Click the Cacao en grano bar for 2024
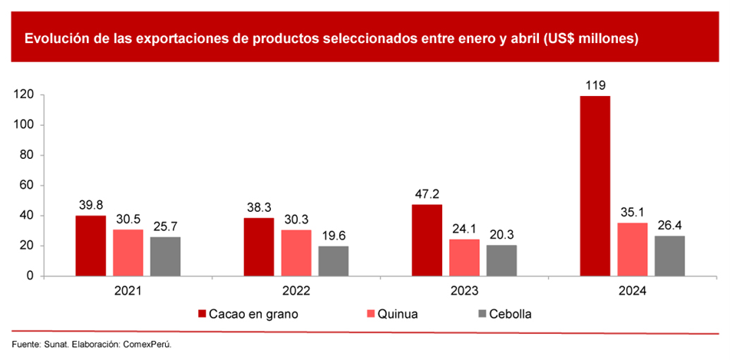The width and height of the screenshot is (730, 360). (595, 186)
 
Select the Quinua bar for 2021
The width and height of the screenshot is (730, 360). (128, 253)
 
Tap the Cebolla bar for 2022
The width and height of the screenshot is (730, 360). (333, 261)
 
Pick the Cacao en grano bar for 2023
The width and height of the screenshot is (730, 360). (427, 240)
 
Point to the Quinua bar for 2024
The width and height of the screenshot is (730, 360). (632, 249)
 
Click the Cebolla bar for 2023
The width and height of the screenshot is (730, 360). (501, 260)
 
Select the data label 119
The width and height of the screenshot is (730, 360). (595, 85)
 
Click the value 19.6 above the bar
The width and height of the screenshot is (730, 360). (333, 236)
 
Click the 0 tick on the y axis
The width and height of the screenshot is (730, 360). (28, 276)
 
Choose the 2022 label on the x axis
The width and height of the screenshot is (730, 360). (296, 292)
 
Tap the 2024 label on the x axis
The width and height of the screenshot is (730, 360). (633, 292)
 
